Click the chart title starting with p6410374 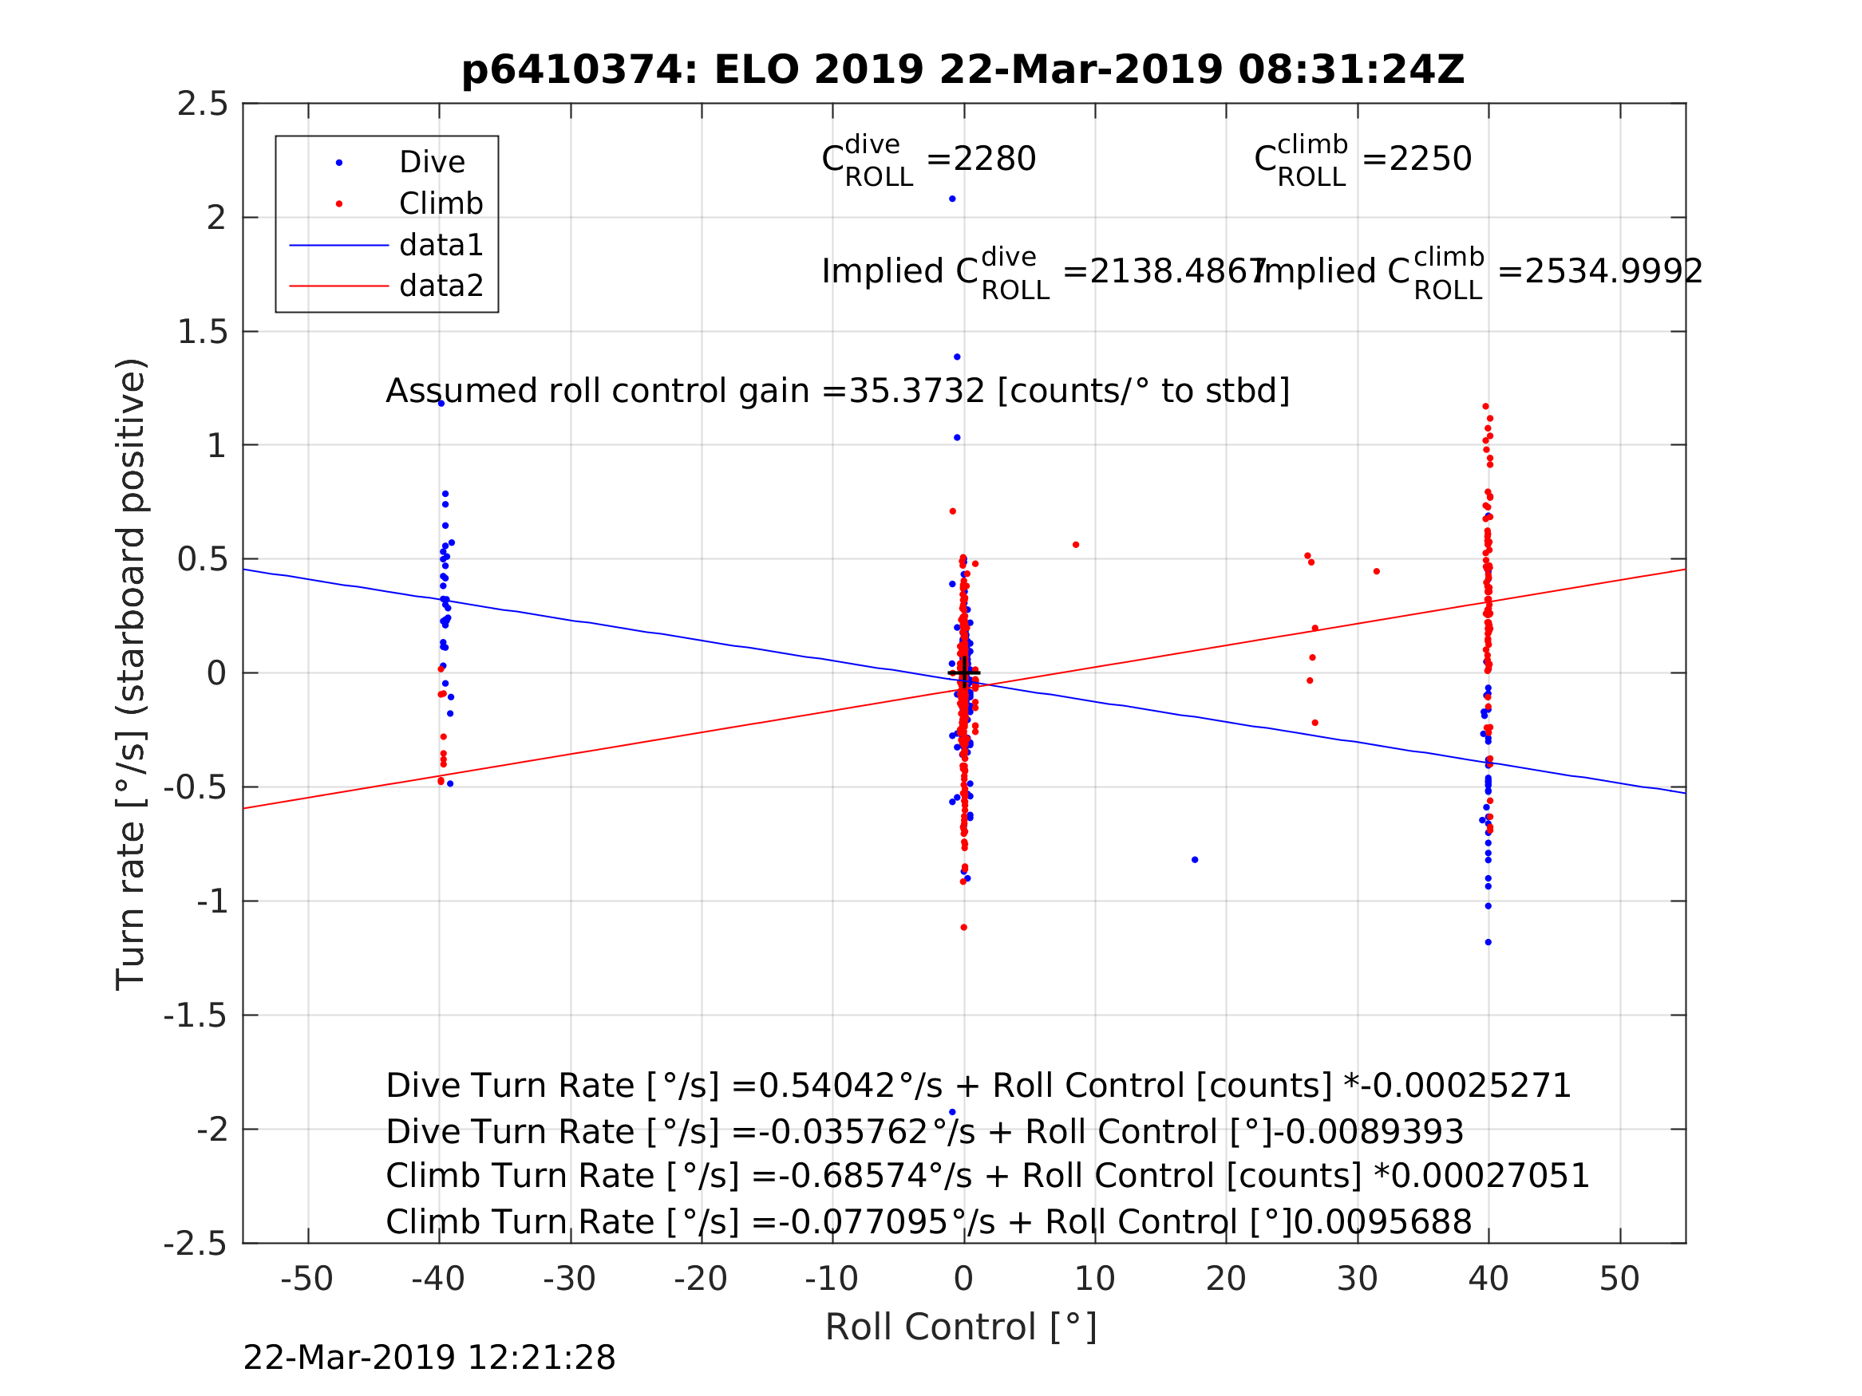click(963, 70)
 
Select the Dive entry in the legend click(432, 163)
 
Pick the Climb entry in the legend click(441, 203)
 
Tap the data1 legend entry click(441, 245)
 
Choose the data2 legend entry click(441, 286)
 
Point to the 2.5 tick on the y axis click(202, 105)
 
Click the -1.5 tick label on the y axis click(196, 1015)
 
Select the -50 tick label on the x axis click(306, 1279)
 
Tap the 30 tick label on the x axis click(1357, 1279)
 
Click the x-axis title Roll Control click(960, 1327)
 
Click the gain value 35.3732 click(916, 392)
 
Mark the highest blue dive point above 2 click(952, 199)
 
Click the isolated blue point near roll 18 click(1195, 860)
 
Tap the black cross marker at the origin click(964, 673)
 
